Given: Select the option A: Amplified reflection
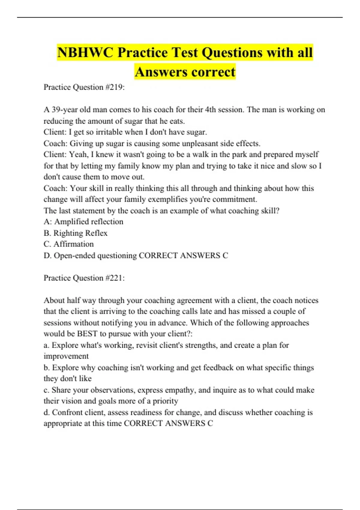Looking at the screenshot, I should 83,222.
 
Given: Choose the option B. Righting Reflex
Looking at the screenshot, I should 75,233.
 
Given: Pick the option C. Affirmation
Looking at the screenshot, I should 68,244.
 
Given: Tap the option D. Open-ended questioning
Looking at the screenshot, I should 90,256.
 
